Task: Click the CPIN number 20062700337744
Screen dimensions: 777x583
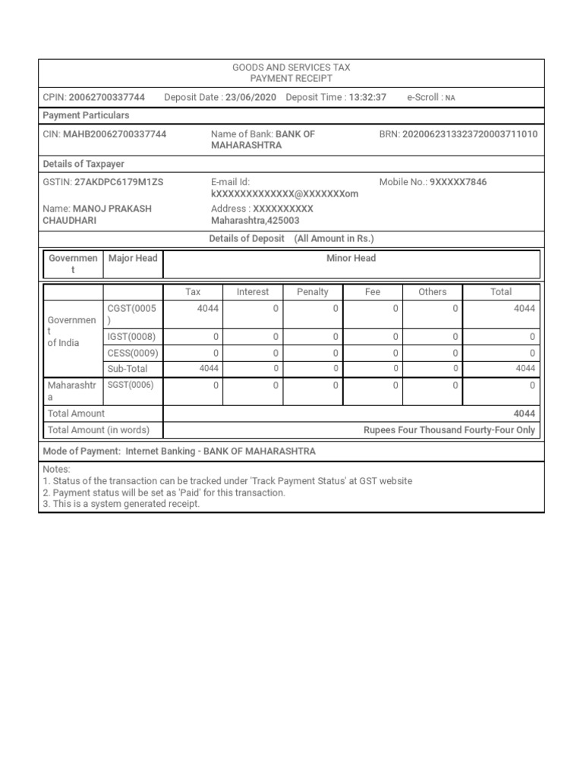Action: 106,97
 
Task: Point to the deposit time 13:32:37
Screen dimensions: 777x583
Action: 367,97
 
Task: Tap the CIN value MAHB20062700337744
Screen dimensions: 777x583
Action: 115,134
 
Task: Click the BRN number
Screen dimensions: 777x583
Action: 469,134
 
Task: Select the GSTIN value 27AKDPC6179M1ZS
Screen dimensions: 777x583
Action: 119,182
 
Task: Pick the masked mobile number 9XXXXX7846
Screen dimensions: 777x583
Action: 458,182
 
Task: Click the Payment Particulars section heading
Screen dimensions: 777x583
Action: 86,115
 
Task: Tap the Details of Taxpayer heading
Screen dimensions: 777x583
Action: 84,164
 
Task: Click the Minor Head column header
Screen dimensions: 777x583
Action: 351,258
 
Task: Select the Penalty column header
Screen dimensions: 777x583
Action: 313,292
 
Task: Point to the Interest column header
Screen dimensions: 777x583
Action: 253,292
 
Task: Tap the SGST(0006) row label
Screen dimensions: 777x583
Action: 131,385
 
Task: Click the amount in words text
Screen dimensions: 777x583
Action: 449,430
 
